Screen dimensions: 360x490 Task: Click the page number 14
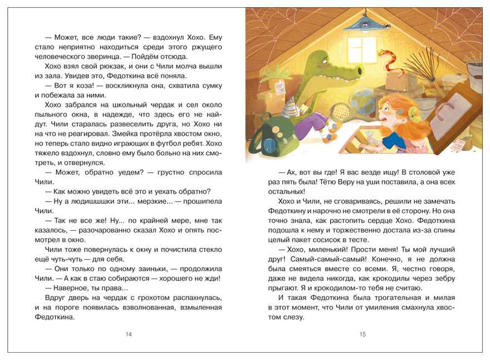(x=129, y=334)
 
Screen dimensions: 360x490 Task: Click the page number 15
(x=363, y=334)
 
